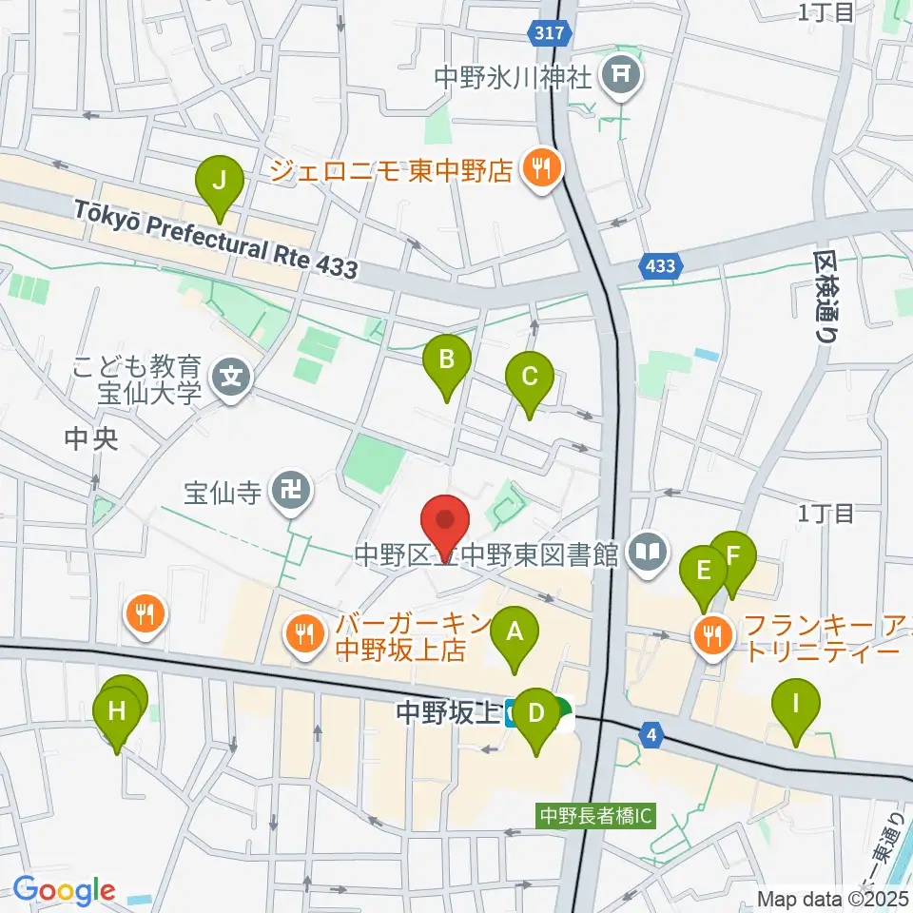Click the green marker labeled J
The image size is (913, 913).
[x=220, y=181]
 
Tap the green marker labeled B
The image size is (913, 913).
[x=448, y=360]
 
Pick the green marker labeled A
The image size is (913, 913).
[x=515, y=631]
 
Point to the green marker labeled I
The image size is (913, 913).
[x=797, y=705]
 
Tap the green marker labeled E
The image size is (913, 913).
[x=704, y=572]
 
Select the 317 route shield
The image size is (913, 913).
[x=549, y=33]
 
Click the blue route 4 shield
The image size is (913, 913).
[x=651, y=735]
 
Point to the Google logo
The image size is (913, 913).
[x=64, y=890]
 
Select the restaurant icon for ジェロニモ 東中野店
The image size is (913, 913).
[x=542, y=170]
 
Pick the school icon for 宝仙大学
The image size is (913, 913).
[x=231, y=377]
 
